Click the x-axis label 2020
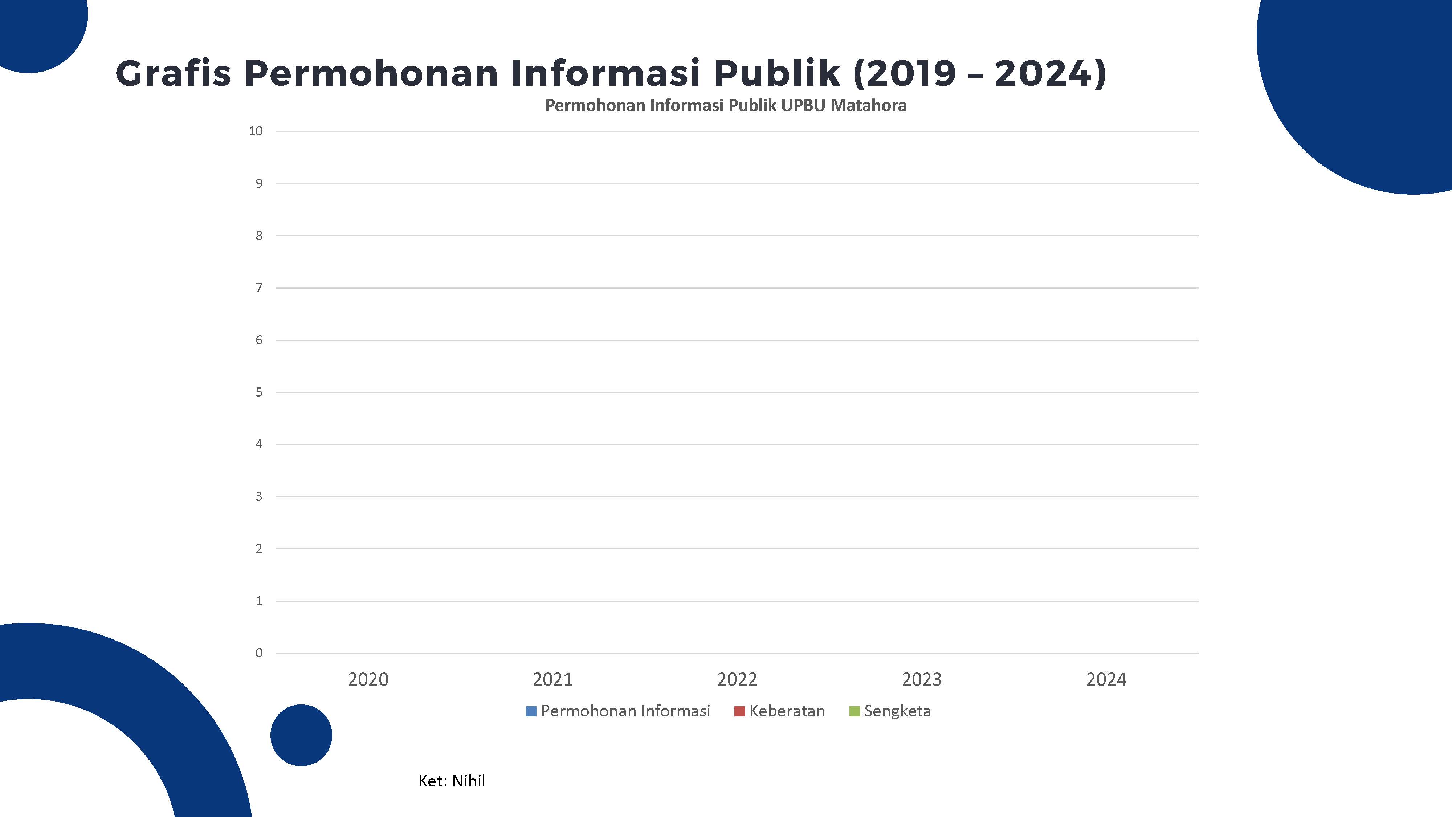368,679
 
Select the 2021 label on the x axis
552,679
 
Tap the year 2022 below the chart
737,679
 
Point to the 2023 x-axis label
922,679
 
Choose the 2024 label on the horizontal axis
1106,679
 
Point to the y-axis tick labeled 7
259,288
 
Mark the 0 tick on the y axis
259,653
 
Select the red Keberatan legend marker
739,712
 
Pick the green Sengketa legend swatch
854,712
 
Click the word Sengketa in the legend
897,711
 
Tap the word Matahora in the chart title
868,105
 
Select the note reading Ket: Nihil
452,781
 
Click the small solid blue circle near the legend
301,735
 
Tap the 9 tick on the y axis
259,184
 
